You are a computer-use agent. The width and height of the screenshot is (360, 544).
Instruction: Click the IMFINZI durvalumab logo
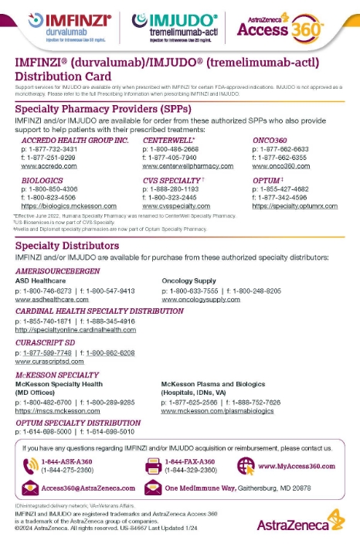pyautogui.click(x=70, y=25)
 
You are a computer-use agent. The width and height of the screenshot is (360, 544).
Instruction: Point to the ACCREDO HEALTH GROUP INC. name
pyautogui.click(x=64, y=141)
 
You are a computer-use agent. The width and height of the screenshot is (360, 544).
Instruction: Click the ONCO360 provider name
pyautogui.click(x=270, y=141)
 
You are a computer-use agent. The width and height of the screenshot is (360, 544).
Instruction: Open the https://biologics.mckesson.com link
pyautogui.click(x=61, y=207)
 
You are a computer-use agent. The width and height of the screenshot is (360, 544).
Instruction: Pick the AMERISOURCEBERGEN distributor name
pyautogui.click(x=59, y=272)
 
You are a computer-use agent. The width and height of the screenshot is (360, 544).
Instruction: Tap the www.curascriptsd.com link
pyautogui.click(x=47, y=361)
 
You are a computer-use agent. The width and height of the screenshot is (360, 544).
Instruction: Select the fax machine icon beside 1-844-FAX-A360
pyautogui.click(x=153, y=466)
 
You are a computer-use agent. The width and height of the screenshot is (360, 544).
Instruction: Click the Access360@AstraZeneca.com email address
pyautogui.click(x=88, y=488)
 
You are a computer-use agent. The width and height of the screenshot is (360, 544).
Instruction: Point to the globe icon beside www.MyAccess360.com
pyautogui.click(x=246, y=465)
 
